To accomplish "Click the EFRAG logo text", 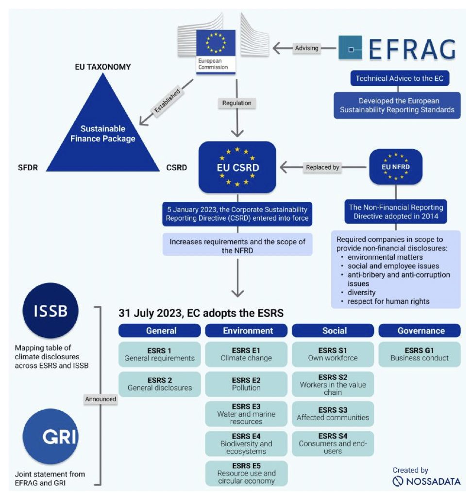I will (x=412, y=49).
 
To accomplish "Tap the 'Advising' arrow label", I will (x=307, y=48).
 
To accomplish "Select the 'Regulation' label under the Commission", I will (x=237, y=103).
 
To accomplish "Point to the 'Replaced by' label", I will (x=322, y=167).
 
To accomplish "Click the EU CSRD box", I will (x=237, y=167).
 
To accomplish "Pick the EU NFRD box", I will (x=396, y=167).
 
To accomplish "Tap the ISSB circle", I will (x=50, y=311).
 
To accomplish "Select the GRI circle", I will (x=50, y=437).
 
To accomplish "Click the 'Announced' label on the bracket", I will (x=101, y=399).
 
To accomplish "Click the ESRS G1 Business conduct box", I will (x=420, y=354).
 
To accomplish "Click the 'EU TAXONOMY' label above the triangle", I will (x=102, y=67).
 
